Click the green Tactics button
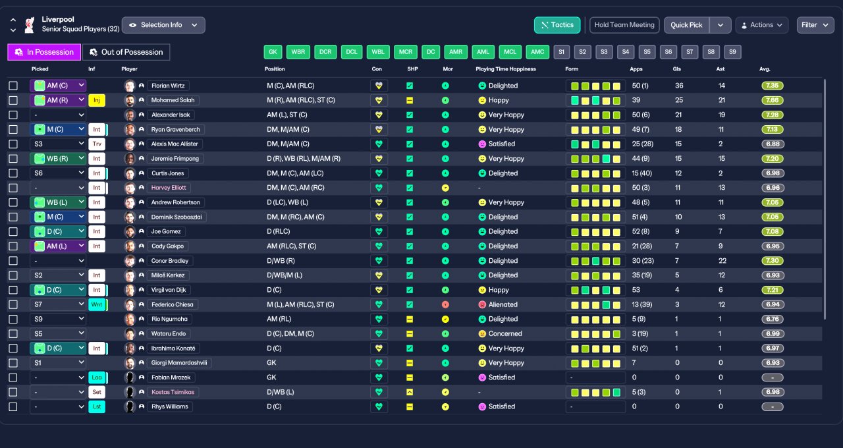(557, 25)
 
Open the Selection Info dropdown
(163, 25)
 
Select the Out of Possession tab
(126, 52)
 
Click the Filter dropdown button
(815, 25)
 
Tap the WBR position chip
(298, 52)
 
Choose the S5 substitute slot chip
(647, 52)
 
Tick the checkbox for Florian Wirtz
(13, 86)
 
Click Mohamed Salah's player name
(173, 100)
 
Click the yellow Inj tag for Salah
(97, 100)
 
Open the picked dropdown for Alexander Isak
(58, 115)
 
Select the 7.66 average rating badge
(773, 100)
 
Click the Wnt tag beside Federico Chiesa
(97, 304)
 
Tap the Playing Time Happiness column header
(505, 69)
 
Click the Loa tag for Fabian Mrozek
(97, 378)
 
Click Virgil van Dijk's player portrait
(130, 290)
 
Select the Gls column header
(676, 69)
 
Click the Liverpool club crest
(30, 25)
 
